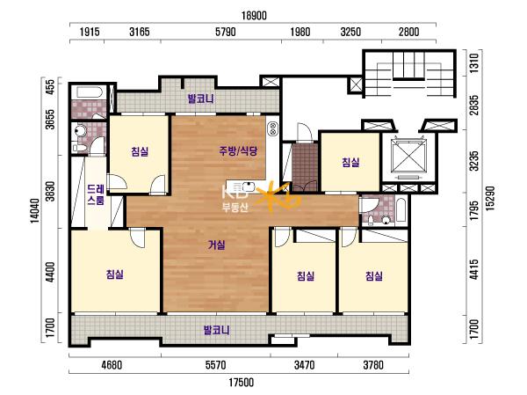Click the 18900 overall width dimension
coord(254,16)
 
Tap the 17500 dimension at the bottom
coord(241,383)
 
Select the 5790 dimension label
coord(225,32)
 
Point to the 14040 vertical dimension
coord(34,210)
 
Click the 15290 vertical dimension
coord(490,199)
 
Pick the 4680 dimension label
coord(112,365)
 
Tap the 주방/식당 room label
coord(238,150)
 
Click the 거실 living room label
coord(216,245)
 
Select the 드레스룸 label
coord(96,194)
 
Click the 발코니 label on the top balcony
coord(200,99)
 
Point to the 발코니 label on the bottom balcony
coord(217,330)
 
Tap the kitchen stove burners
coord(273,128)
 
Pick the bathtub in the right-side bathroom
coord(401,209)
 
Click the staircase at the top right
coord(409,73)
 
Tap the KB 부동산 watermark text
coord(235,200)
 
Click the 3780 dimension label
coord(373,365)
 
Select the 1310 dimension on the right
coord(473,63)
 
